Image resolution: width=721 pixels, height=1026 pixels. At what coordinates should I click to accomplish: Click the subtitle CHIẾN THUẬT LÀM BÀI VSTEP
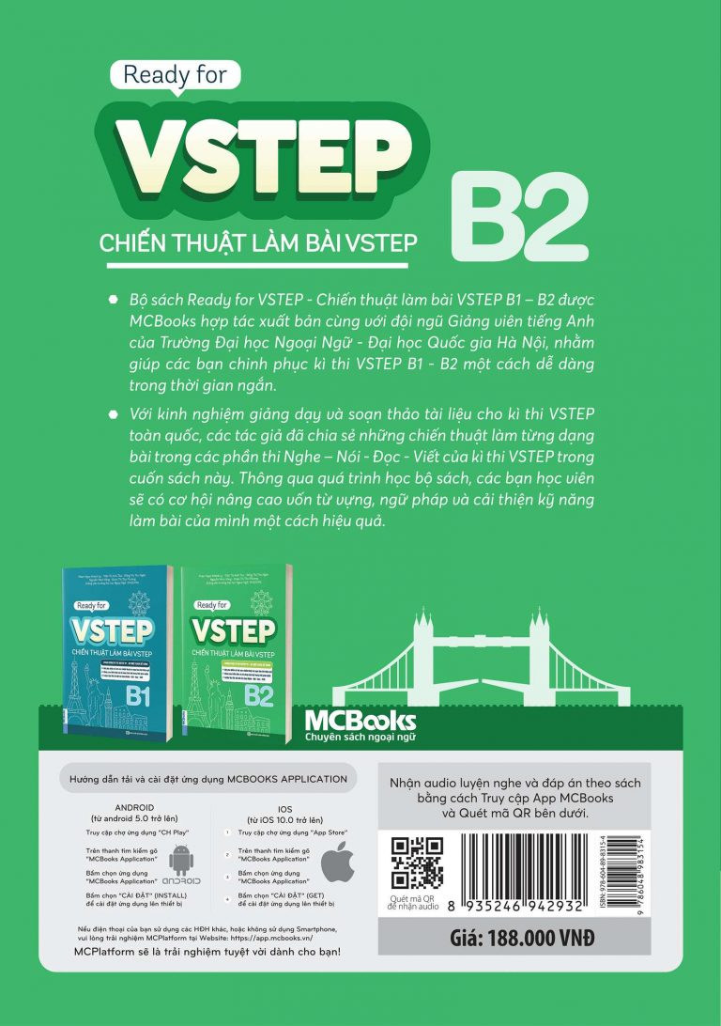[258, 242]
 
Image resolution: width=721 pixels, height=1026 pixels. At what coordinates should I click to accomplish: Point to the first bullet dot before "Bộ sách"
[114, 299]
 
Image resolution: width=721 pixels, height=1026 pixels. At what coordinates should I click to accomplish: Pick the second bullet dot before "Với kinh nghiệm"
[114, 413]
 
